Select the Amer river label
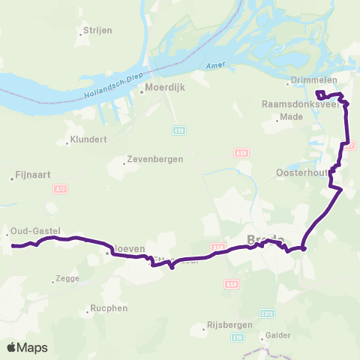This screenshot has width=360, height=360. point(214,66)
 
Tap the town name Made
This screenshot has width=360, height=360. point(295,118)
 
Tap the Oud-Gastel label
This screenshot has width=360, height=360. point(34,231)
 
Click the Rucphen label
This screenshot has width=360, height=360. point(103,308)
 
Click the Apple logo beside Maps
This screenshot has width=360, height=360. point(11,347)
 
